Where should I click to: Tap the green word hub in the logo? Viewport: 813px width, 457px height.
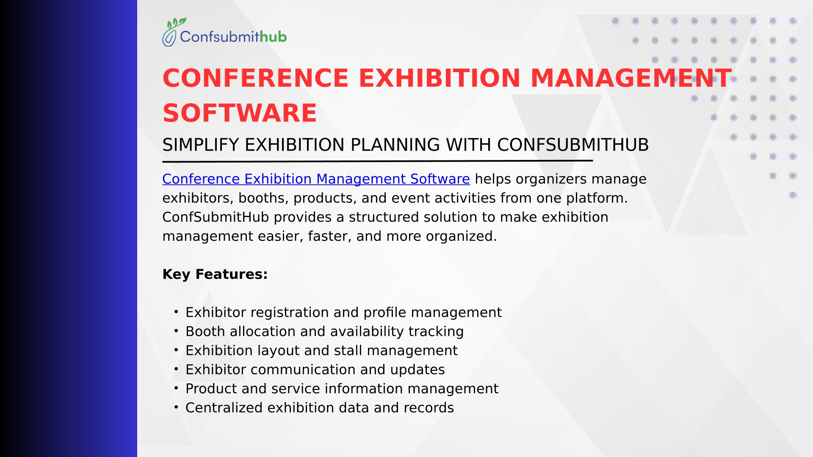click(273, 37)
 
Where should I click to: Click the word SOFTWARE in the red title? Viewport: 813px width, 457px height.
click(240, 113)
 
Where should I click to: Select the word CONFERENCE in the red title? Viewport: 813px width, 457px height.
click(255, 78)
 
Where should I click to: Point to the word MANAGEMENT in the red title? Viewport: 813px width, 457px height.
click(631, 78)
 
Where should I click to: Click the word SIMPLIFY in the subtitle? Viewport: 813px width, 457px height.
click(201, 145)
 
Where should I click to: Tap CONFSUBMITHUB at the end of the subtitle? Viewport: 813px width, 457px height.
click(573, 145)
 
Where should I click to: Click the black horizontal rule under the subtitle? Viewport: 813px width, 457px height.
click(378, 161)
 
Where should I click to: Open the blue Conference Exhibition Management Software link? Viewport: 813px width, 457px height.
click(316, 179)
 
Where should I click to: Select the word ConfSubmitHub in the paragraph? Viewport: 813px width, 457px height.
click(216, 217)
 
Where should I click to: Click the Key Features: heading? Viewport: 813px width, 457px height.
click(215, 275)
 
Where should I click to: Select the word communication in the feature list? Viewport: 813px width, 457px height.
click(303, 369)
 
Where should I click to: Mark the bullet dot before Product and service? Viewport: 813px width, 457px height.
click(176, 388)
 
